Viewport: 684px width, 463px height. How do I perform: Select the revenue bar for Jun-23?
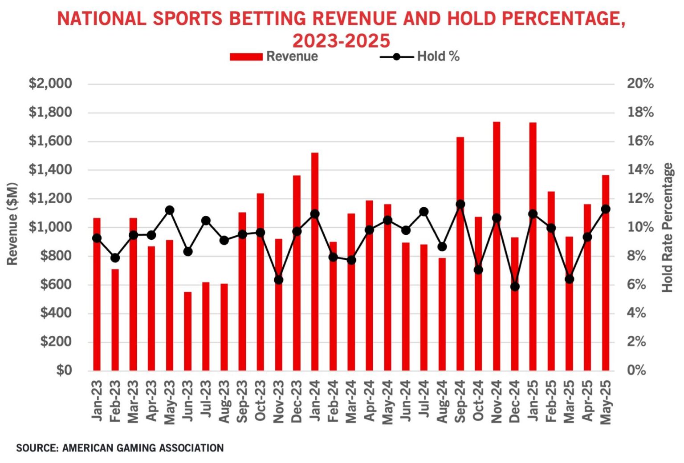coord(188,331)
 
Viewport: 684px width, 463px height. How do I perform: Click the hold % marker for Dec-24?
coord(515,286)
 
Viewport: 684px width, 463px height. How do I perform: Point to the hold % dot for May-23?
coord(170,210)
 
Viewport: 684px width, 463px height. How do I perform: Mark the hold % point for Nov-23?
coord(279,280)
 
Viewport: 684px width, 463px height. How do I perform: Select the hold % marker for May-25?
coord(606,209)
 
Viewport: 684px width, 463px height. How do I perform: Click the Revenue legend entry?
coord(274,56)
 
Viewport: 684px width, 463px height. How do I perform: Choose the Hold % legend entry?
coord(419,56)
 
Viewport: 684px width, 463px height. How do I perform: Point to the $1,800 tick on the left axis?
coord(50,112)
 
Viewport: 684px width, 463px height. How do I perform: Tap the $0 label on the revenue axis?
coord(64,370)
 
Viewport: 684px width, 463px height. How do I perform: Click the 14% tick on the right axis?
coord(640,169)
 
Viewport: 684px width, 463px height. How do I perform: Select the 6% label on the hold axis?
coord(636,284)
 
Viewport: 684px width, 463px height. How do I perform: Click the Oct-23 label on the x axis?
coord(261,400)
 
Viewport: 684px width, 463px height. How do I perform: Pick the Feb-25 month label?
coord(551,400)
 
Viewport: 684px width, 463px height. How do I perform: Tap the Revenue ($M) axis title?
coord(12,223)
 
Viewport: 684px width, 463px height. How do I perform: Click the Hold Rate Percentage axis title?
coord(668,227)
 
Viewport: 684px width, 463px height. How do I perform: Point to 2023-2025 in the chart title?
coord(341,41)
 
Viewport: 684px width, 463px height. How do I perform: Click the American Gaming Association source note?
coord(120,448)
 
